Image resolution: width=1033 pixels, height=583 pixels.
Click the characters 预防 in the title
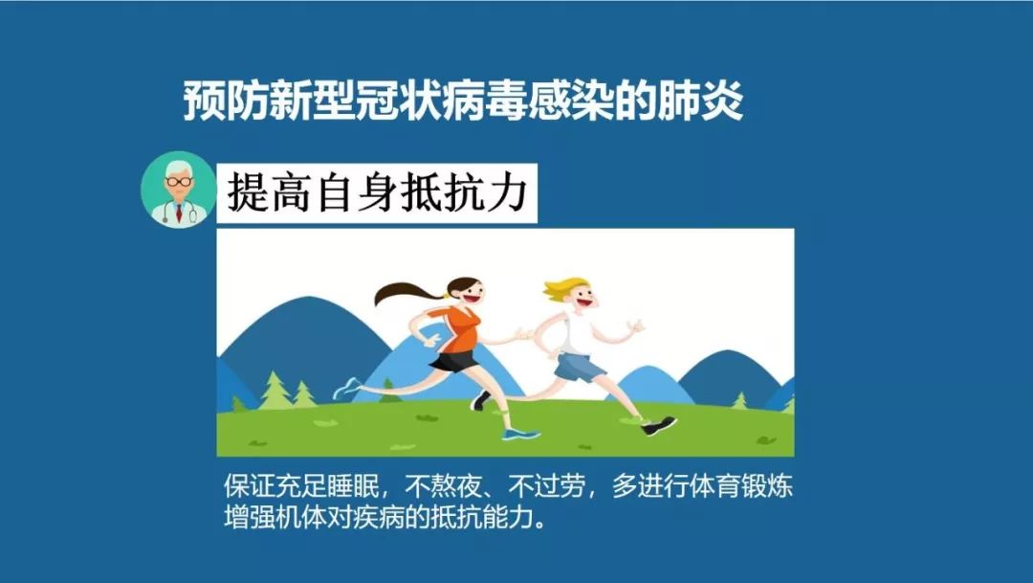pyautogui.click(x=217, y=102)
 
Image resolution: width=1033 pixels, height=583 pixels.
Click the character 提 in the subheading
pyautogui.click(x=249, y=192)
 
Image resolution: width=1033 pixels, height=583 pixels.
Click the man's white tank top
pyautogui.click(x=579, y=330)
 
